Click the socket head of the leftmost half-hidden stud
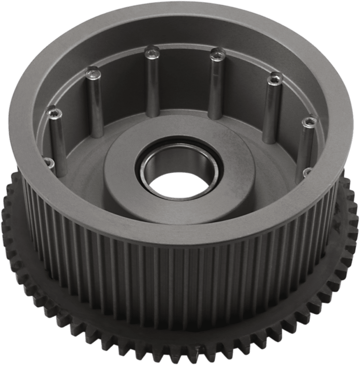tap(50, 162)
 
